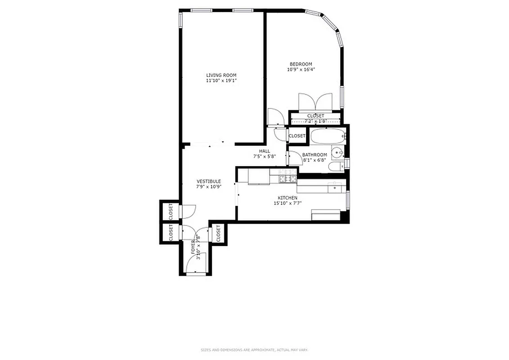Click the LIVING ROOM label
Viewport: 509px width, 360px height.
(x=221, y=75)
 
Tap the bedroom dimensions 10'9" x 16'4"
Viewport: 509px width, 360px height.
(x=301, y=69)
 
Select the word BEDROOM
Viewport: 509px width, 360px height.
(x=301, y=64)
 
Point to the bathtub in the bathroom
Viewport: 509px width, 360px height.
(x=328, y=135)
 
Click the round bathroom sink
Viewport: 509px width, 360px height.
(x=337, y=153)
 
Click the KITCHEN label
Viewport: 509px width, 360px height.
(x=287, y=198)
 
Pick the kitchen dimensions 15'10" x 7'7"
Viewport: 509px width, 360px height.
(x=287, y=203)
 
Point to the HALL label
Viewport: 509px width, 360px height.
(x=264, y=151)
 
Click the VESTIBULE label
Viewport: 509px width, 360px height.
(x=208, y=181)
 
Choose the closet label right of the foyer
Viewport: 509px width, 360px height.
(x=218, y=234)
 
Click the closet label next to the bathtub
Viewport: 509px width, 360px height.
(x=297, y=136)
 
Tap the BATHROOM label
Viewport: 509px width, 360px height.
(x=315, y=155)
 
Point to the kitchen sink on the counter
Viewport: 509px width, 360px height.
(x=334, y=185)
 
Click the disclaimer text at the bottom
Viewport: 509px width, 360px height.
(x=254, y=350)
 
